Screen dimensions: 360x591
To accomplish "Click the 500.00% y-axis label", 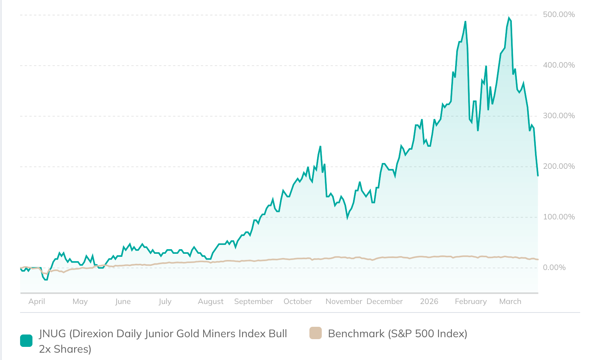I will [x=559, y=15].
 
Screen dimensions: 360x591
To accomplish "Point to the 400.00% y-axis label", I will [x=559, y=65].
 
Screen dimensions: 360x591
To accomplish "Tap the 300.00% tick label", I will [x=559, y=116].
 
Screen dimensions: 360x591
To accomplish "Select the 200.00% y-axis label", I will [x=559, y=166].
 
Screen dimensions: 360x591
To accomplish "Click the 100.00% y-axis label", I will [x=559, y=217].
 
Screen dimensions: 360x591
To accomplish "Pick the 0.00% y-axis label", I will [x=554, y=268].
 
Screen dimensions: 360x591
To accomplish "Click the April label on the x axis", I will [x=37, y=302].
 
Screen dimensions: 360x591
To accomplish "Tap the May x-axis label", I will [x=80, y=302].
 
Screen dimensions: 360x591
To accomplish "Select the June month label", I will [x=123, y=302].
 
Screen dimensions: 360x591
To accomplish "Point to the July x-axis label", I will [x=165, y=302].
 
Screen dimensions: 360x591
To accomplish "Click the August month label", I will [x=211, y=302].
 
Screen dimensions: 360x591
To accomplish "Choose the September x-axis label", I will [x=253, y=302].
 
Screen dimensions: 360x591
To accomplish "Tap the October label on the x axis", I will [x=297, y=302].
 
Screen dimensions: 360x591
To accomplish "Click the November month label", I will [x=344, y=302].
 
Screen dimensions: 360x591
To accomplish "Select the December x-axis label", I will [x=384, y=302].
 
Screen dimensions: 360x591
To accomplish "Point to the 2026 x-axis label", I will [x=429, y=302].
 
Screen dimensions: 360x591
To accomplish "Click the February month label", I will [x=470, y=302].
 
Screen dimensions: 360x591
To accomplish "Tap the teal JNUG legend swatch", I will [x=26, y=341].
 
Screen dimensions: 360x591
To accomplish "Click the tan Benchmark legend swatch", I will [x=316, y=333].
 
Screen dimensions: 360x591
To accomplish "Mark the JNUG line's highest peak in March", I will [x=509, y=18].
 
